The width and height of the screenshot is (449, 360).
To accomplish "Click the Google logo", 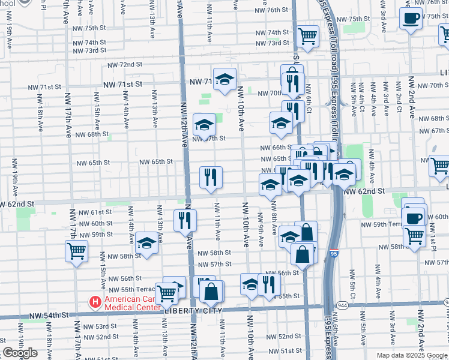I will point(20,353).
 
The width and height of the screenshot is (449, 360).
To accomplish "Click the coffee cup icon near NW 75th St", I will point(411,19).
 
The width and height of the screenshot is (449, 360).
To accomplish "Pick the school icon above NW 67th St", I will point(204,124).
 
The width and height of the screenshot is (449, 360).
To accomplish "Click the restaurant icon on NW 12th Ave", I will point(185,220).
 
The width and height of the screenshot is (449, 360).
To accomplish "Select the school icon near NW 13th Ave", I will point(146,244).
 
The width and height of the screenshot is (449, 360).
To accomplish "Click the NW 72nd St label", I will point(125,65).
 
